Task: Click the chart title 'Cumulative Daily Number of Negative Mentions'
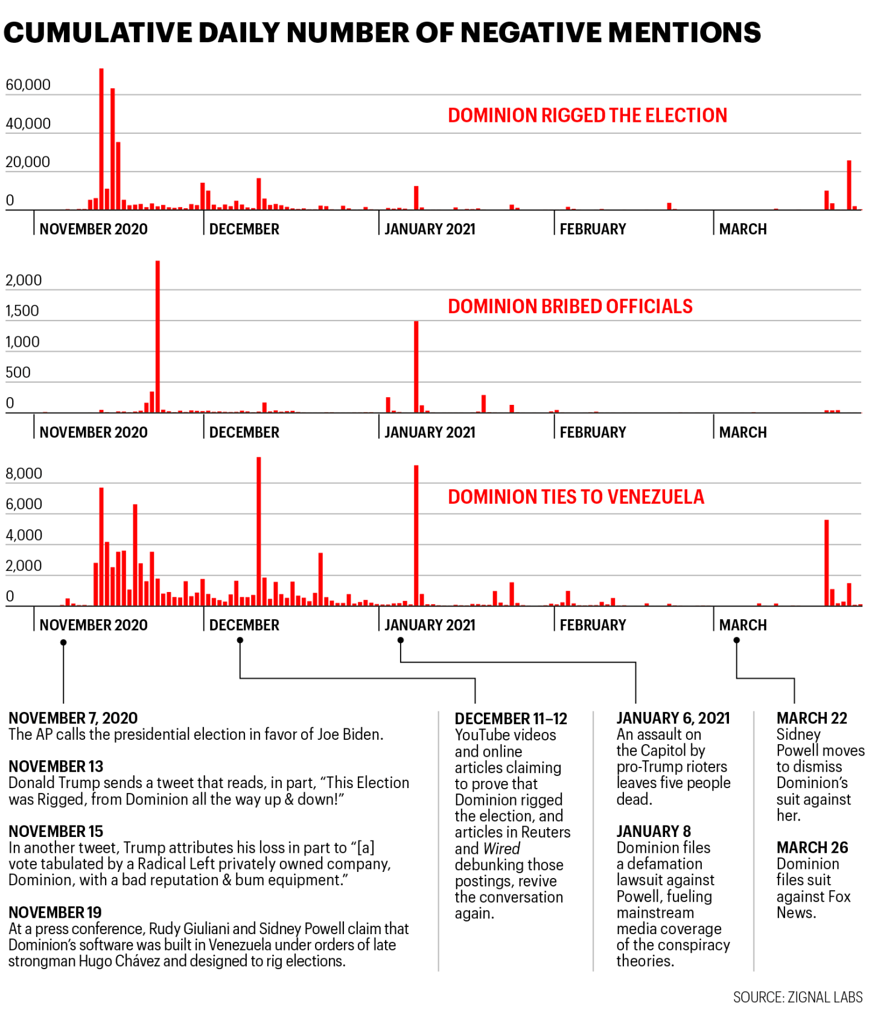tap(382, 33)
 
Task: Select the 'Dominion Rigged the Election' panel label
tap(587, 115)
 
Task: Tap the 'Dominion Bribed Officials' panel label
tap(570, 307)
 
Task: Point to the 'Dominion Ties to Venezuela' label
tap(576, 497)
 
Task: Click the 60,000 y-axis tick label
tap(28, 84)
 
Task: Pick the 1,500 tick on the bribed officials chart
tap(22, 311)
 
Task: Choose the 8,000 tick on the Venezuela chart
tap(24, 473)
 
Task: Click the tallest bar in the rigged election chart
tap(101, 139)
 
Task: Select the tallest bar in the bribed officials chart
tap(158, 336)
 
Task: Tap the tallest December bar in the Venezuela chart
tap(259, 531)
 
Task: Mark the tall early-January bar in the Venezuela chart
tap(416, 535)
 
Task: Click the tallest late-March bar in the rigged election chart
tap(849, 185)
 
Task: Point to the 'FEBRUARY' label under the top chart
tap(593, 229)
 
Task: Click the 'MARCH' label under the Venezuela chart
tap(743, 625)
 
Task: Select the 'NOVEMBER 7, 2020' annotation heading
tap(73, 718)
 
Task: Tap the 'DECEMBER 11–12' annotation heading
tap(511, 719)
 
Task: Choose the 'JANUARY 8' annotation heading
tap(654, 832)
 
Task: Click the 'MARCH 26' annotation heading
tap(812, 848)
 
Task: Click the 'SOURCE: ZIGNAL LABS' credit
tap(797, 997)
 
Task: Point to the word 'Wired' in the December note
tap(501, 848)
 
